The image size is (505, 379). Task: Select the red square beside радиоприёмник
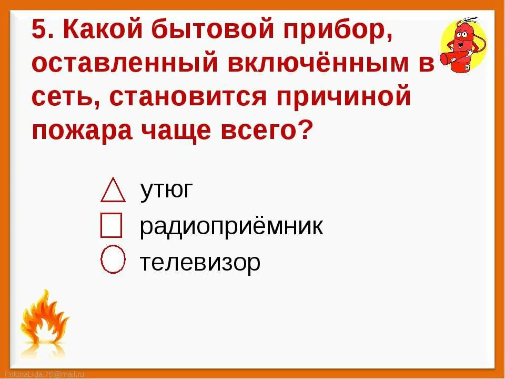[111, 225]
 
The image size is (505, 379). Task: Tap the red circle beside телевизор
[113, 260]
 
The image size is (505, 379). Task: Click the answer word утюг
[167, 190]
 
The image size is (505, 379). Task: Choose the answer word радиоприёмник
[231, 227]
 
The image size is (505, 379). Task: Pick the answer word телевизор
[200, 262]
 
